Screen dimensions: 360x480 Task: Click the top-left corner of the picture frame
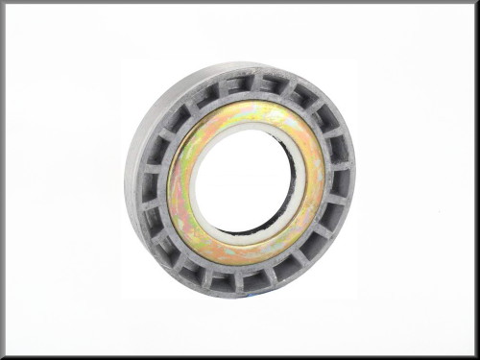[2, 2]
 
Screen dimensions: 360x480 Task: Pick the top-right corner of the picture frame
[477, 2]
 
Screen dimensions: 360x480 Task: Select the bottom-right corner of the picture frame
[477, 357]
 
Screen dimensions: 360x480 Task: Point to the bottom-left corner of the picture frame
[2, 357]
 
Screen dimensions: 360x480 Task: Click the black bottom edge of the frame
[240, 357]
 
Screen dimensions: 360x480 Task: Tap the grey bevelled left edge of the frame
[3, 180]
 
